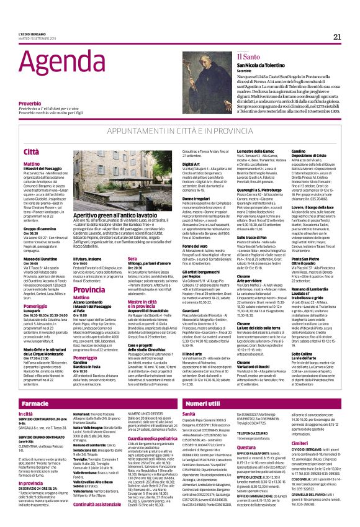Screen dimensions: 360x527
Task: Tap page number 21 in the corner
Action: [x=337, y=37]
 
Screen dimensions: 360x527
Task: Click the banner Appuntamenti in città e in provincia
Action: [x=179, y=132]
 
